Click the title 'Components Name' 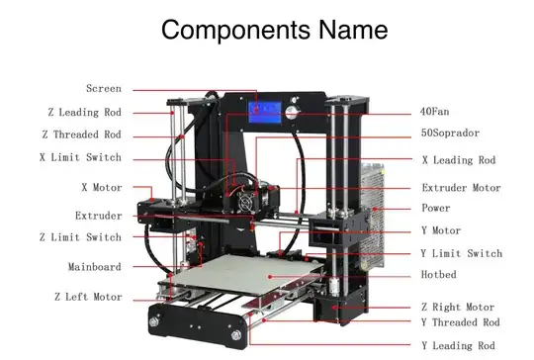tap(274, 30)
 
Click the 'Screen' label tap(104, 89)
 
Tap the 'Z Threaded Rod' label tap(81, 135)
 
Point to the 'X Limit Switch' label tap(81, 157)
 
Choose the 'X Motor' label tap(101, 186)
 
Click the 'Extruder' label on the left tap(99, 215)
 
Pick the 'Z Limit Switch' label tap(80, 237)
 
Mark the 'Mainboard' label tap(95, 266)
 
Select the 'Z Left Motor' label tap(88, 297)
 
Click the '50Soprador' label tap(450, 133)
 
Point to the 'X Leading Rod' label tap(458, 159)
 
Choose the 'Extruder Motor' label tap(461, 188)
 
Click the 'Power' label tap(436, 209)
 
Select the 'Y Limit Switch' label tap(461, 254)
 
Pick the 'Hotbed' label tap(439, 274)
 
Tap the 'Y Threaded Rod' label tap(460, 322)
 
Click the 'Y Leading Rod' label tap(458, 345)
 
